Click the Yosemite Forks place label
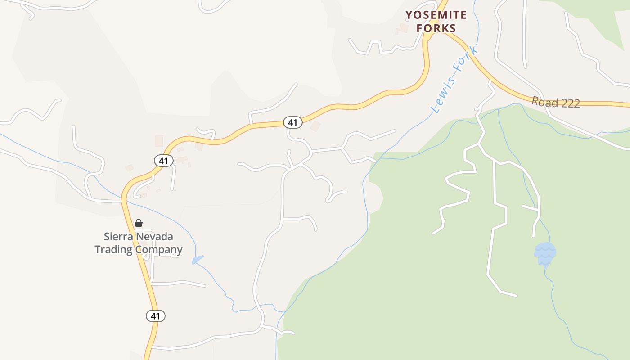pos(436,21)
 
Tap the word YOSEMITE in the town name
pos(436,15)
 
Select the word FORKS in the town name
pos(436,28)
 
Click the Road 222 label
pos(555,102)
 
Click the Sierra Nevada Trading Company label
pos(139,243)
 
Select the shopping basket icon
pos(139,223)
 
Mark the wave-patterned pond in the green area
pos(545,254)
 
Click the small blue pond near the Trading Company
pos(198,260)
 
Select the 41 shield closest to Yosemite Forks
pos(292,122)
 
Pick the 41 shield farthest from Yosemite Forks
pos(155,316)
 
